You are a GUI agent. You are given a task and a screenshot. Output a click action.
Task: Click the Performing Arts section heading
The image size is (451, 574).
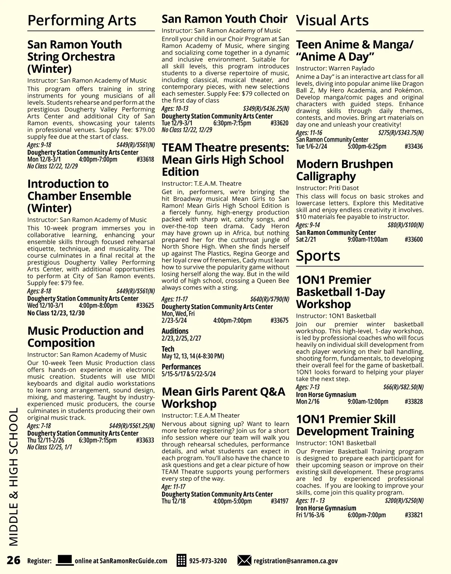point(82,20)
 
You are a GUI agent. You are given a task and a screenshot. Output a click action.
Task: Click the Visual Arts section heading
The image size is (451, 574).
point(332,20)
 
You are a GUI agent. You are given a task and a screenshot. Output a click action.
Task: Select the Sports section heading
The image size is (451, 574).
point(318,256)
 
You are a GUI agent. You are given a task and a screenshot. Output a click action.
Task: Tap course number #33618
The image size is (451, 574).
point(145,159)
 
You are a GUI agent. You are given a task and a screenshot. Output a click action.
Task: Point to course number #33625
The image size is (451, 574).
point(145,306)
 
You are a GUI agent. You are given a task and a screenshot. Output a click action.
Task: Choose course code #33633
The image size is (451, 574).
point(145,440)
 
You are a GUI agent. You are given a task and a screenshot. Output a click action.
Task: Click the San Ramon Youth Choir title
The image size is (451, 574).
point(224,19)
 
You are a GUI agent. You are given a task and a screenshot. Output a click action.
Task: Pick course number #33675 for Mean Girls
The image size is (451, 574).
point(279,321)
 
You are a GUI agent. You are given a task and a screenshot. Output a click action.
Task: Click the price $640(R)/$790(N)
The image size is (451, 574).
point(269,300)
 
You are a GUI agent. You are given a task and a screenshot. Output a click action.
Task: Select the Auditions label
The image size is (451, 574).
point(175,331)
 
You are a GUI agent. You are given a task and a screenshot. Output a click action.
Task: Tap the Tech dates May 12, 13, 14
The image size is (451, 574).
point(193,356)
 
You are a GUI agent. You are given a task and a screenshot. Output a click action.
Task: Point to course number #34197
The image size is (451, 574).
point(279,501)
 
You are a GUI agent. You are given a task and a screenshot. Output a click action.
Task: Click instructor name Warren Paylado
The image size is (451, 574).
point(351,68)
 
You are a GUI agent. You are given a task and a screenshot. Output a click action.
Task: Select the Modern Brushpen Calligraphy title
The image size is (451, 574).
point(345,170)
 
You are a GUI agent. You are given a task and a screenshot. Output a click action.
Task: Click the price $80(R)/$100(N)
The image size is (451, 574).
point(405,225)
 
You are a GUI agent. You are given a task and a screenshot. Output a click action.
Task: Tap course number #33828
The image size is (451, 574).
point(414,402)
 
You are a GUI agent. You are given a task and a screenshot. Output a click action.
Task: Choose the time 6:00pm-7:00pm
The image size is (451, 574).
point(366,515)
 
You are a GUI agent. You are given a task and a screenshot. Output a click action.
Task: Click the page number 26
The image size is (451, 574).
point(14,560)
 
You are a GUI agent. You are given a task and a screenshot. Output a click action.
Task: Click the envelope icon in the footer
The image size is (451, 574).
point(244,560)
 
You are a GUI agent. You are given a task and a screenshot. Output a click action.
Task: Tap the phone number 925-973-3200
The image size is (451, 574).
point(208,561)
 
